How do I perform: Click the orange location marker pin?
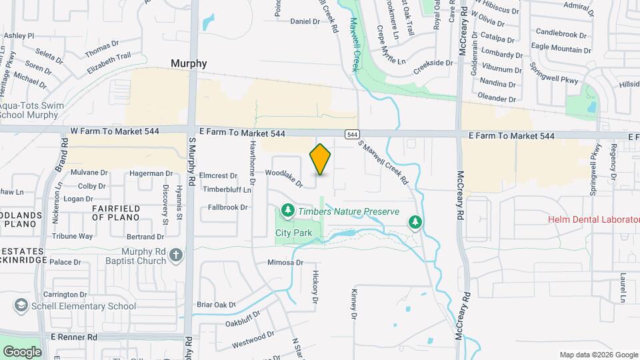(x=321, y=159)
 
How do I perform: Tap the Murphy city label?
(x=189, y=63)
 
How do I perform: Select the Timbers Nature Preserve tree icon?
(x=287, y=211)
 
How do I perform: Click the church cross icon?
(x=175, y=255)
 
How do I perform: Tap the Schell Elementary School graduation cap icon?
(x=21, y=306)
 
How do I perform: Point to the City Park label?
(x=294, y=233)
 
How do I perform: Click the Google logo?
(x=22, y=351)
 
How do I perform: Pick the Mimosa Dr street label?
(x=285, y=263)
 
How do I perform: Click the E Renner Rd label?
(x=69, y=337)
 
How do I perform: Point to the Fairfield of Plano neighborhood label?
(x=116, y=213)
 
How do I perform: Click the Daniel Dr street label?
(x=305, y=21)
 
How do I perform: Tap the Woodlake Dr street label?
(x=284, y=178)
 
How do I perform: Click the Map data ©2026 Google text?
(x=599, y=355)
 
